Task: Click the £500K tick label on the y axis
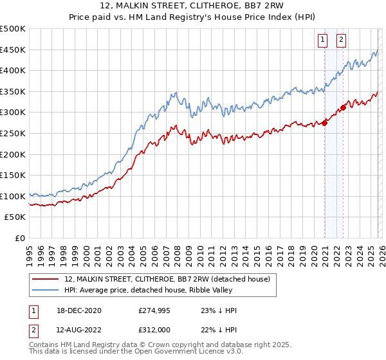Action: [x=13, y=29]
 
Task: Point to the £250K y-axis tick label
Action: [x=13, y=134]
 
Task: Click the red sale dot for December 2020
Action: [x=324, y=123]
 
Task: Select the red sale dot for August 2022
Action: [x=343, y=107]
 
